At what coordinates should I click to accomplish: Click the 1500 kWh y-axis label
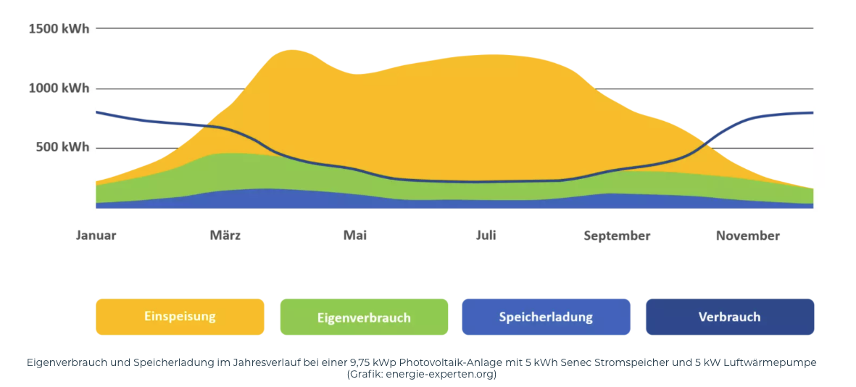click(x=59, y=29)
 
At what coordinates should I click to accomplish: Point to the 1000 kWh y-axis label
click(x=59, y=88)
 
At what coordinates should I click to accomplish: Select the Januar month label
click(x=96, y=236)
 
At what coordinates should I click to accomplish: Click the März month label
click(x=225, y=236)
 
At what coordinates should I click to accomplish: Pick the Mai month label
click(x=355, y=236)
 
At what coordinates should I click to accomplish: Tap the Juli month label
click(x=486, y=236)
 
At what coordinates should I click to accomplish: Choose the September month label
click(x=617, y=236)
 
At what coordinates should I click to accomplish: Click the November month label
click(x=748, y=236)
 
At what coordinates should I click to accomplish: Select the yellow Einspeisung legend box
click(x=180, y=317)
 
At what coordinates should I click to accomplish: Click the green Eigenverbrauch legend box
click(x=364, y=317)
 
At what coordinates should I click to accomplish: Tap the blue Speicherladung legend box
click(x=546, y=317)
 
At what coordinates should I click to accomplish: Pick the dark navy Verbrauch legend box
click(x=730, y=317)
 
